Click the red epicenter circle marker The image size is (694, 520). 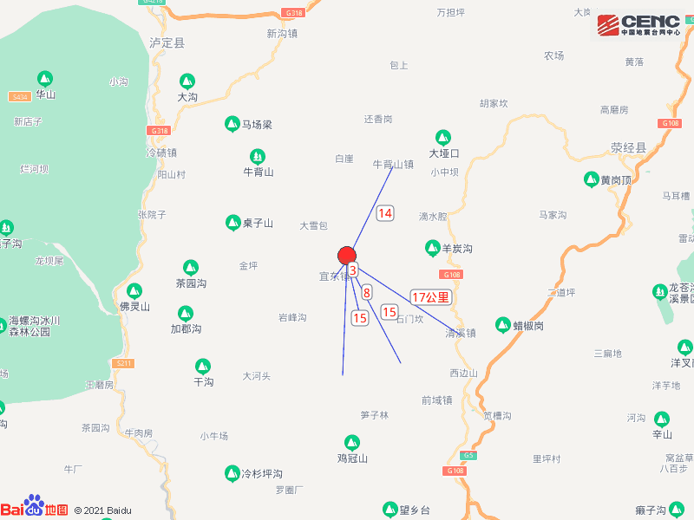(x=347, y=255)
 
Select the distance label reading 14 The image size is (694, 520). (x=385, y=212)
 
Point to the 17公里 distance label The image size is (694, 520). (x=431, y=297)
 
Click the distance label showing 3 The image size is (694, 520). (x=353, y=270)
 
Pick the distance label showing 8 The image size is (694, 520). (x=367, y=292)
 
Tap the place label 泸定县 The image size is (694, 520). (x=167, y=42)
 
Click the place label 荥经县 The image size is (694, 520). (x=629, y=147)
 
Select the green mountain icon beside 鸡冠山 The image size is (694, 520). (x=352, y=442)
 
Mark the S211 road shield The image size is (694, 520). (x=124, y=363)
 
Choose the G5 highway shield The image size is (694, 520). (x=469, y=456)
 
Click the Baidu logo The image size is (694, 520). (x=35, y=509)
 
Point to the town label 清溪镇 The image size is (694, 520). (x=461, y=333)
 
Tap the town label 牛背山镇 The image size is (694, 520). (x=393, y=164)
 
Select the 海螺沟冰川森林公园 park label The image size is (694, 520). (x=35, y=325)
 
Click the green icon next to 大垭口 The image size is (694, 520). (x=442, y=138)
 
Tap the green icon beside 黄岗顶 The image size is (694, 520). (x=590, y=179)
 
